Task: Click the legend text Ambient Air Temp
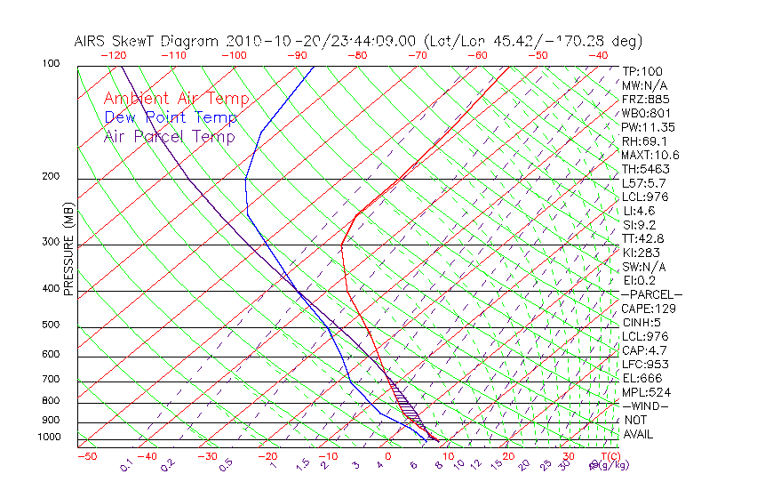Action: (x=177, y=99)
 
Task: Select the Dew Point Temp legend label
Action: (x=171, y=117)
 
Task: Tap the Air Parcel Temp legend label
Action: (x=170, y=136)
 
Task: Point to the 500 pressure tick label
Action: (x=52, y=325)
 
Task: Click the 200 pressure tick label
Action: (x=52, y=176)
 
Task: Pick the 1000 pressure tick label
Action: (x=49, y=437)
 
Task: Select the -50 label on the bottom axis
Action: (x=86, y=456)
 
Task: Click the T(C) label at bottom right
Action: (x=608, y=456)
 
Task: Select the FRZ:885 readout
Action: (x=643, y=100)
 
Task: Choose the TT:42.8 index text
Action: (x=642, y=238)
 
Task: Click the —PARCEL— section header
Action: (x=651, y=294)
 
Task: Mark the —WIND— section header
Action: (x=645, y=406)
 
